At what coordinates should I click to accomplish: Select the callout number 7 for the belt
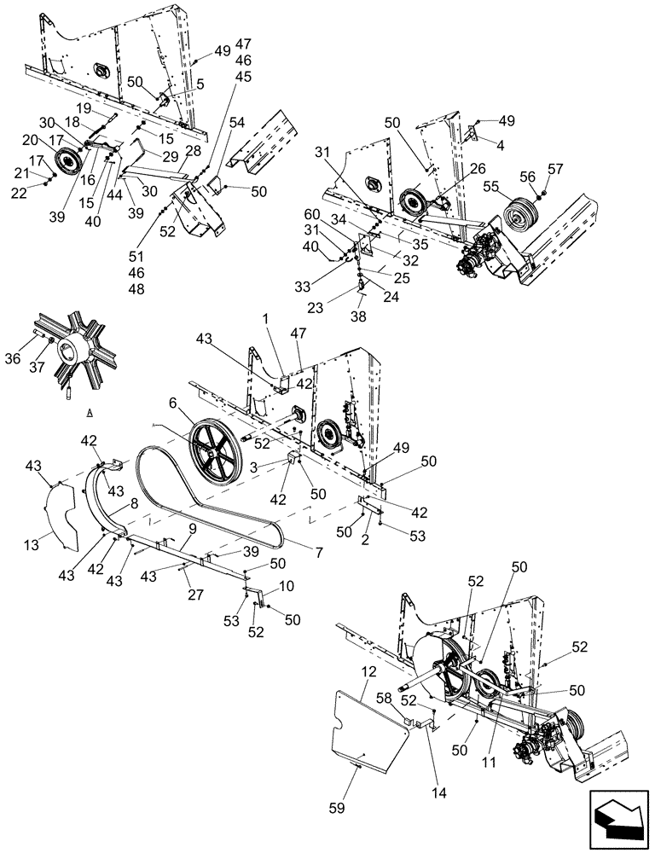tap(318, 554)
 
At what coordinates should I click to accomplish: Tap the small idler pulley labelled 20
tap(67, 160)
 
